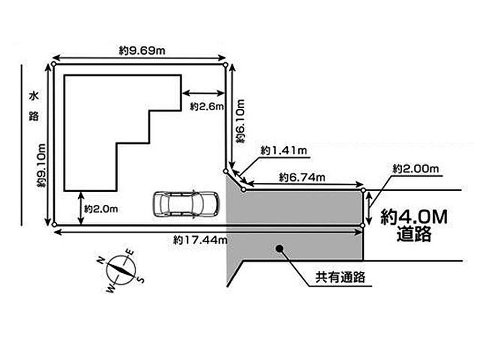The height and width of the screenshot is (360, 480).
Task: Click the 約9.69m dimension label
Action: (x=142, y=50)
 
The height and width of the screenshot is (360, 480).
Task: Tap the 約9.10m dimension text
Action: (x=41, y=165)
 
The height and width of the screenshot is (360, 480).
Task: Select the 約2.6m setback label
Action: (x=207, y=106)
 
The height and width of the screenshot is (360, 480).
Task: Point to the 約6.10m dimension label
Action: (x=240, y=121)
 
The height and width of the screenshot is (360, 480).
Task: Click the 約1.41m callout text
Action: (x=284, y=150)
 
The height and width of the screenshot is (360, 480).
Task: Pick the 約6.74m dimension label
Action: (x=302, y=177)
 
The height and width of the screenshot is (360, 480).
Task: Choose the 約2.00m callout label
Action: (x=416, y=169)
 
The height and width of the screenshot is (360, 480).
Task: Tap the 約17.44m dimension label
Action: (x=201, y=240)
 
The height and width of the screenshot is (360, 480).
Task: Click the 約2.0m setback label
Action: (x=101, y=209)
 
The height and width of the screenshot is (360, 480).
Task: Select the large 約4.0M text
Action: (x=414, y=217)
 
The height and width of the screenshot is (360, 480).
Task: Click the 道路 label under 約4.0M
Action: (x=414, y=234)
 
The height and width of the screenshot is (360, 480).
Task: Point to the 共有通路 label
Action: (x=340, y=277)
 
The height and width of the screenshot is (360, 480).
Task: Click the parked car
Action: (x=186, y=204)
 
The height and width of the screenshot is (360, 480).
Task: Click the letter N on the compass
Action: (x=101, y=261)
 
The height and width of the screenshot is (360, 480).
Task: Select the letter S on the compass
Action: (x=141, y=279)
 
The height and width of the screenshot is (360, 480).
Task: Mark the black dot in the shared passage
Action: (x=279, y=248)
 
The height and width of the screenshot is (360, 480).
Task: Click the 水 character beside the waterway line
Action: (x=34, y=97)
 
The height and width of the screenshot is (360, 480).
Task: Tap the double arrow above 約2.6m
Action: (x=203, y=93)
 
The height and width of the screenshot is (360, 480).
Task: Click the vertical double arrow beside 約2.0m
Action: (x=81, y=208)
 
